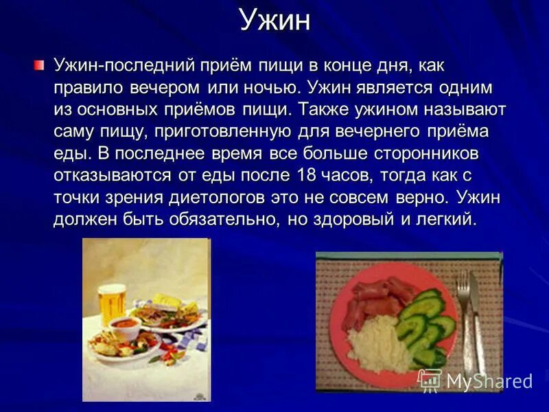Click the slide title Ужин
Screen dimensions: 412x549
click(274, 21)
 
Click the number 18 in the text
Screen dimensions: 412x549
click(307, 174)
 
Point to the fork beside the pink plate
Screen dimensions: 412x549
click(464, 309)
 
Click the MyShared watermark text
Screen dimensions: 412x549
click(489, 382)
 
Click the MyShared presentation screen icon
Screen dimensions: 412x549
click(430, 380)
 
